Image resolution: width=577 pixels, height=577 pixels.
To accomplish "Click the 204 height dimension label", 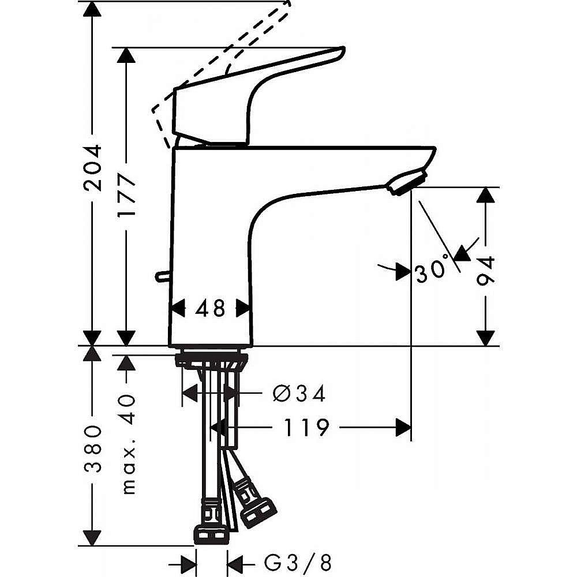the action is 92,168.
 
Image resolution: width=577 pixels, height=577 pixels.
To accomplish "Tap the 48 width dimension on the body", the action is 210,308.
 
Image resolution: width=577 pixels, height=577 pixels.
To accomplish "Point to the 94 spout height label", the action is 485,271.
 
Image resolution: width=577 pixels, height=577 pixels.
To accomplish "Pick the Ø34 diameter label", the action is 299,394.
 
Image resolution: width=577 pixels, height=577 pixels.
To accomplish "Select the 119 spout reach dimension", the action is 306,427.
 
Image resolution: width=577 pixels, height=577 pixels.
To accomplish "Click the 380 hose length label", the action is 92,449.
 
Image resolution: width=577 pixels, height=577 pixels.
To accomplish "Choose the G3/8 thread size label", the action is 298,563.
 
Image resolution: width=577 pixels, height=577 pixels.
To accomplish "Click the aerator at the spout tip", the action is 407,182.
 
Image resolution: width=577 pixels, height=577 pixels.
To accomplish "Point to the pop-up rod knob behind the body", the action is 162,276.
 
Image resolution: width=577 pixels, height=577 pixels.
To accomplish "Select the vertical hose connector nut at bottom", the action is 211,535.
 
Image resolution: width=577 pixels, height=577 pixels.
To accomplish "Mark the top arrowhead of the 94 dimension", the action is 485,195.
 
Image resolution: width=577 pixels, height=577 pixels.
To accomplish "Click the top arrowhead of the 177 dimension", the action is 126,55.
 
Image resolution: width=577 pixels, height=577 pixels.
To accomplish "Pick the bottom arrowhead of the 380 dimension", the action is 92,538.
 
